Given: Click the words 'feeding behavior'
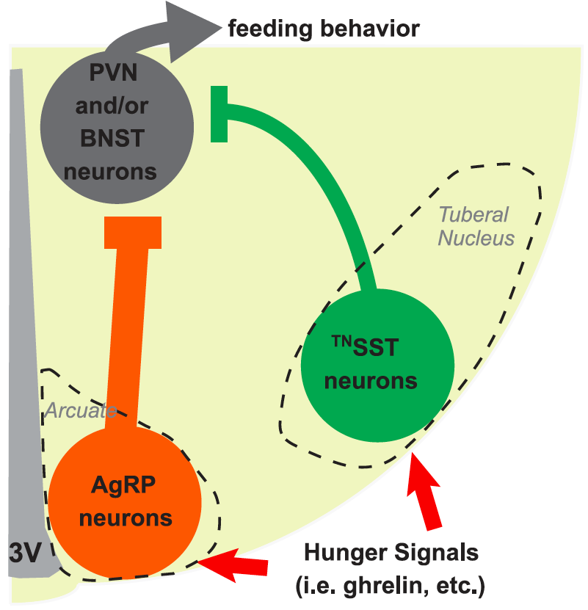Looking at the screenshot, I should pos(324,29).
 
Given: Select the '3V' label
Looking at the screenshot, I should pos(25,551).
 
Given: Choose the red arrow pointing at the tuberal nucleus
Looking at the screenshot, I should pos(427,492).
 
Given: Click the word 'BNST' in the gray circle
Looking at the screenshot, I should pos(117,139).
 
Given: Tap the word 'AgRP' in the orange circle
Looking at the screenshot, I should pos(125,485).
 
